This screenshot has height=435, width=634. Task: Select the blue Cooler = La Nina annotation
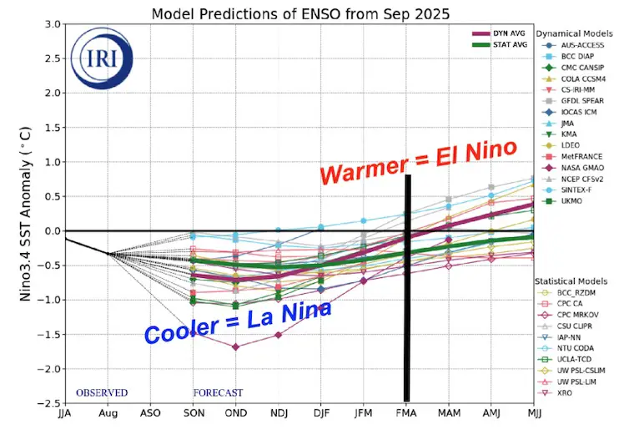(x=238, y=322)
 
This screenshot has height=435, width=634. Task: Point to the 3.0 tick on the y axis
(x=50, y=24)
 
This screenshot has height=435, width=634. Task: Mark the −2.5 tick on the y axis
(x=48, y=403)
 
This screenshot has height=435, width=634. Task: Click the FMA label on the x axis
(x=406, y=413)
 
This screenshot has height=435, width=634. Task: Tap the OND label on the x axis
(x=235, y=413)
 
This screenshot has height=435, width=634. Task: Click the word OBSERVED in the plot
(x=102, y=392)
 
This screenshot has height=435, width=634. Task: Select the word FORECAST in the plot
(x=219, y=392)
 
